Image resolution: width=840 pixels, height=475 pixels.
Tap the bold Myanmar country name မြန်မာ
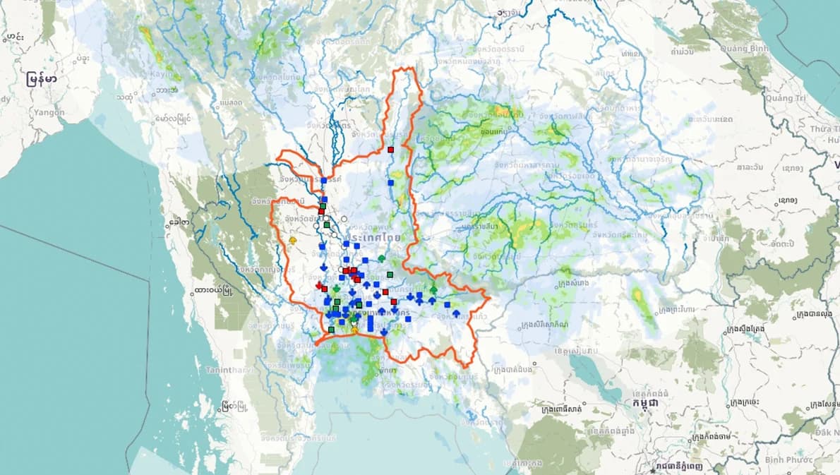click(42, 79)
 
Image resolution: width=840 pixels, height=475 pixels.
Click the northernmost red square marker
click(390, 150)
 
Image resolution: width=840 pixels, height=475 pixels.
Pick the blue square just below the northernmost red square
click(390, 182)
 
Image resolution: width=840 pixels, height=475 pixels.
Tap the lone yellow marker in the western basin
click(292, 241)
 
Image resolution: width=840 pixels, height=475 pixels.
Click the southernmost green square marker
click(331, 330)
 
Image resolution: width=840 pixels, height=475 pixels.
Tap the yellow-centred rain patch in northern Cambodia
click(640, 296)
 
